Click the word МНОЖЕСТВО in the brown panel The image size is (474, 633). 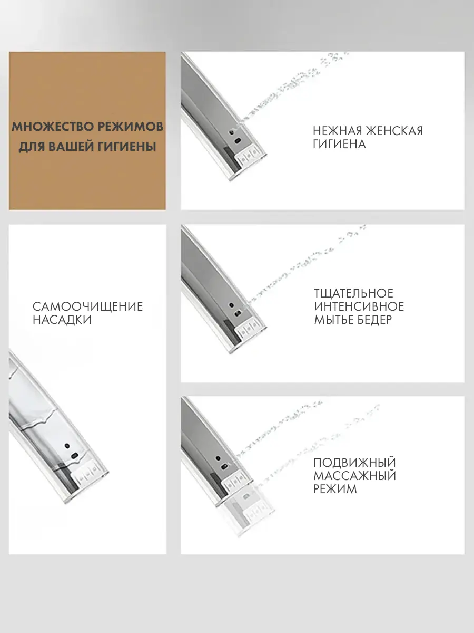pos(52,127)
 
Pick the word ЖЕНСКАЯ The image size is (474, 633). pos(394,131)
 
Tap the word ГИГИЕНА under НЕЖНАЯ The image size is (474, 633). pos(339,144)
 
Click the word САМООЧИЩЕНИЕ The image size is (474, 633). pos(88,306)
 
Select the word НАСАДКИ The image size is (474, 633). pos(62,320)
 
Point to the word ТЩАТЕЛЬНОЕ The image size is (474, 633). pos(353,294)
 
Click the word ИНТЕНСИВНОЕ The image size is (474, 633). pos(359,306)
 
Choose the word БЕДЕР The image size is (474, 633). pos(374,320)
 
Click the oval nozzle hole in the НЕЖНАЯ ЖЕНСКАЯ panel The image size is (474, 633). pos(238,141)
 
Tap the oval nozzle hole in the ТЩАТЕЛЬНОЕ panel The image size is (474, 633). pos(238,313)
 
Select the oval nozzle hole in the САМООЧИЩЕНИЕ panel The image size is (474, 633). pos(74,456)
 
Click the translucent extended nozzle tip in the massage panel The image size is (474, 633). pos(253,511)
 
